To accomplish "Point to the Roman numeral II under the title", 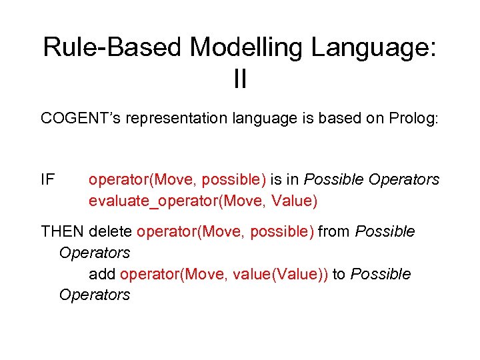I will click(x=240, y=80).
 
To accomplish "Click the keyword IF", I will click(x=48, y=179).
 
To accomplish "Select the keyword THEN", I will click(x=62, y=231).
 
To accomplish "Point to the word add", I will click(x=103, y=274).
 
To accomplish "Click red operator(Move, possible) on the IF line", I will click(x=177, y=179).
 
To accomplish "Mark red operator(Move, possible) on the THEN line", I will click(x=225, y=231).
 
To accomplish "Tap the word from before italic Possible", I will click(x=335, y=231).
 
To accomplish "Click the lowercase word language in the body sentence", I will click(x=273, y=119).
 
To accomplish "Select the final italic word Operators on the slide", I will click(x=94, y=295).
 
